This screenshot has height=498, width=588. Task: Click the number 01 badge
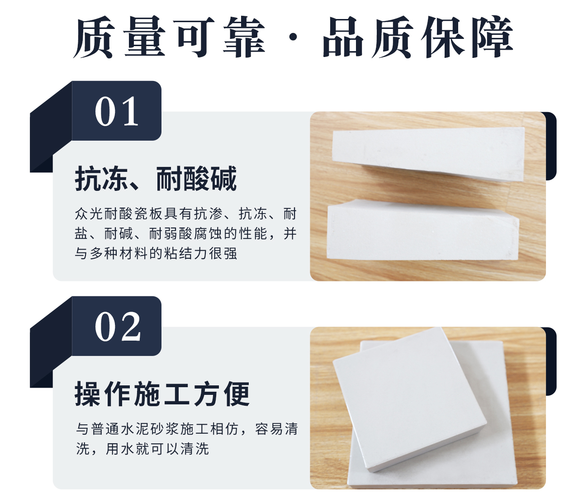pyautogui.click(x=117, y=111)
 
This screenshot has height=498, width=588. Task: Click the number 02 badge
pyautogui.click(x=117, y=327)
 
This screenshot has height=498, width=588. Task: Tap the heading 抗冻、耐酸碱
pyautogui.click(x=156, y=179)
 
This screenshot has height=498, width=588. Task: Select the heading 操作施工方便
pyautogui.click(x=162, y=394)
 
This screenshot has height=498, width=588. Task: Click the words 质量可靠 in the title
pyautogui.click(x=169, y=38)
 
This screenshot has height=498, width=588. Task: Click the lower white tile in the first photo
pyautogui.click(x=422, y=231)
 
